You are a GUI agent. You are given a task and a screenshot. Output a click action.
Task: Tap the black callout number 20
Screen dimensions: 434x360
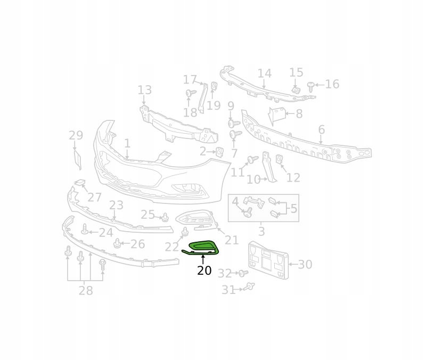[204, 271]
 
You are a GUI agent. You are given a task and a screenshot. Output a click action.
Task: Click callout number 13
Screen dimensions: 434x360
[144, 90]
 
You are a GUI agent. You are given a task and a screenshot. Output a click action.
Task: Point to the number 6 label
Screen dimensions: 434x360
[321, 129]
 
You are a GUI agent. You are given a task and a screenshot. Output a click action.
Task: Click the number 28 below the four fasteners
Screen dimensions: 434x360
[86, 290]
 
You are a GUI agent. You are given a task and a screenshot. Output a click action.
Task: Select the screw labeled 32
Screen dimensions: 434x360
[243, 273]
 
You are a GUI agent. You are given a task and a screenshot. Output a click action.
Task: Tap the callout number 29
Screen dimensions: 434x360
[76, 135]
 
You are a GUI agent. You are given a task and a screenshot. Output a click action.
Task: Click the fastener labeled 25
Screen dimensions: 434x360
[165, 217]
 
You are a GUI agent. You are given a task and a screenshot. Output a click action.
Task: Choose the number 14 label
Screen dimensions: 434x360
[264, 73]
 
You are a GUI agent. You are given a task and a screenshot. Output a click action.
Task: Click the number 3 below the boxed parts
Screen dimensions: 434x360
[261, 231]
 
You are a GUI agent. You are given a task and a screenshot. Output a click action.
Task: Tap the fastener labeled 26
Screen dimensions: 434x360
[118, 244]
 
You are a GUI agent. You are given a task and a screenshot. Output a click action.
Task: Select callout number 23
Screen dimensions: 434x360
[116, 205]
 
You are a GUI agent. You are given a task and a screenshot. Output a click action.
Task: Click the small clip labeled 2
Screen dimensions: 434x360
[219, 152]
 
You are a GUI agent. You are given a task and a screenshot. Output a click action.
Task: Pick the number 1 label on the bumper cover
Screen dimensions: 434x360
[127, 143]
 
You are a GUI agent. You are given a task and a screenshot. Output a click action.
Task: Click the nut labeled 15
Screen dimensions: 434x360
[297, 89]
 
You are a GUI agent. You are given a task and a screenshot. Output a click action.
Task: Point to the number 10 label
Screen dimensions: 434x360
[253, 179]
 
